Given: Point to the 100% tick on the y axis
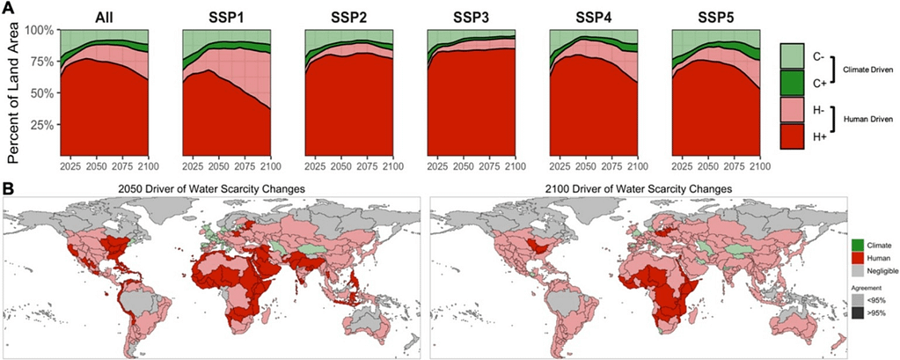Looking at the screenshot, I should click(40, 30).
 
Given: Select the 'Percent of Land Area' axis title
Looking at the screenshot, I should click(15, 92).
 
